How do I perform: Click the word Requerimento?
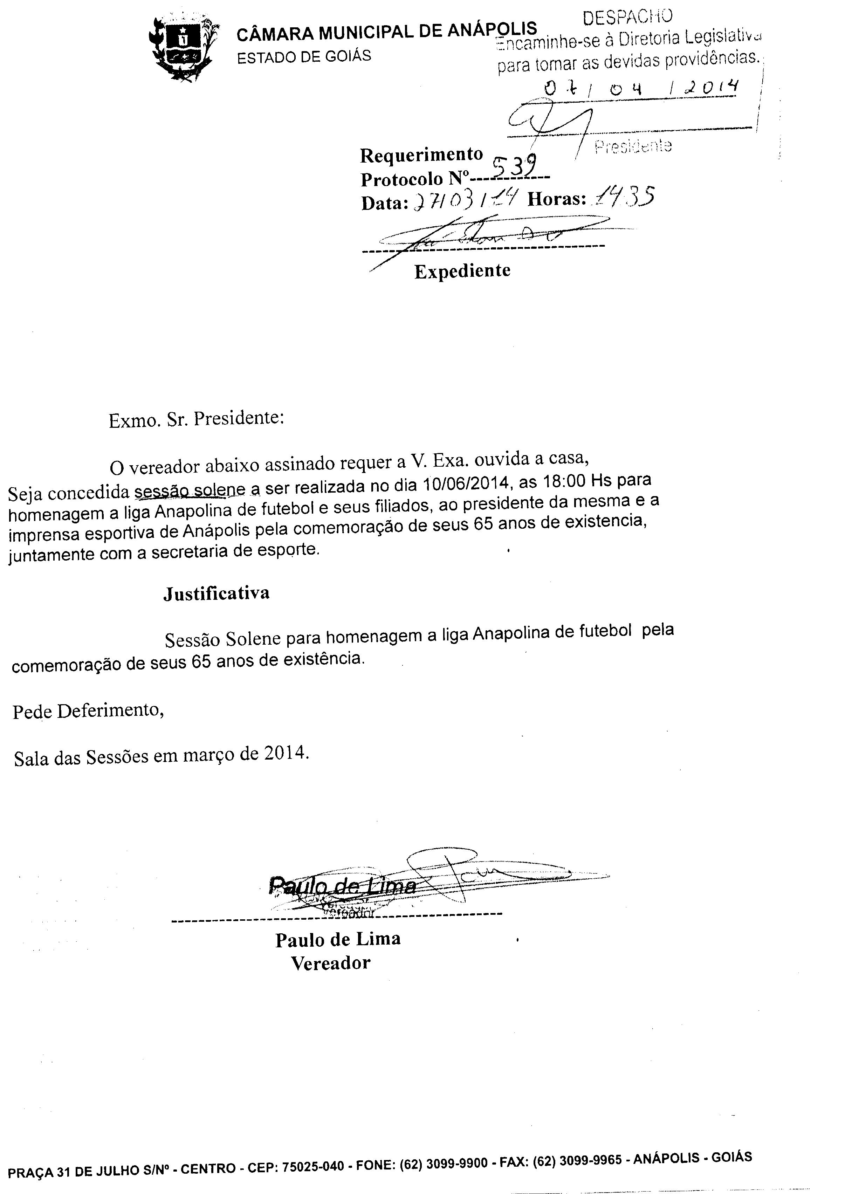(421, 155)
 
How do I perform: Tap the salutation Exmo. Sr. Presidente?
(196, 419)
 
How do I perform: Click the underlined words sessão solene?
(190, 490)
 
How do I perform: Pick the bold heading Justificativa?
(216, 593)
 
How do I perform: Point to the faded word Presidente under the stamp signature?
(633, 146)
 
